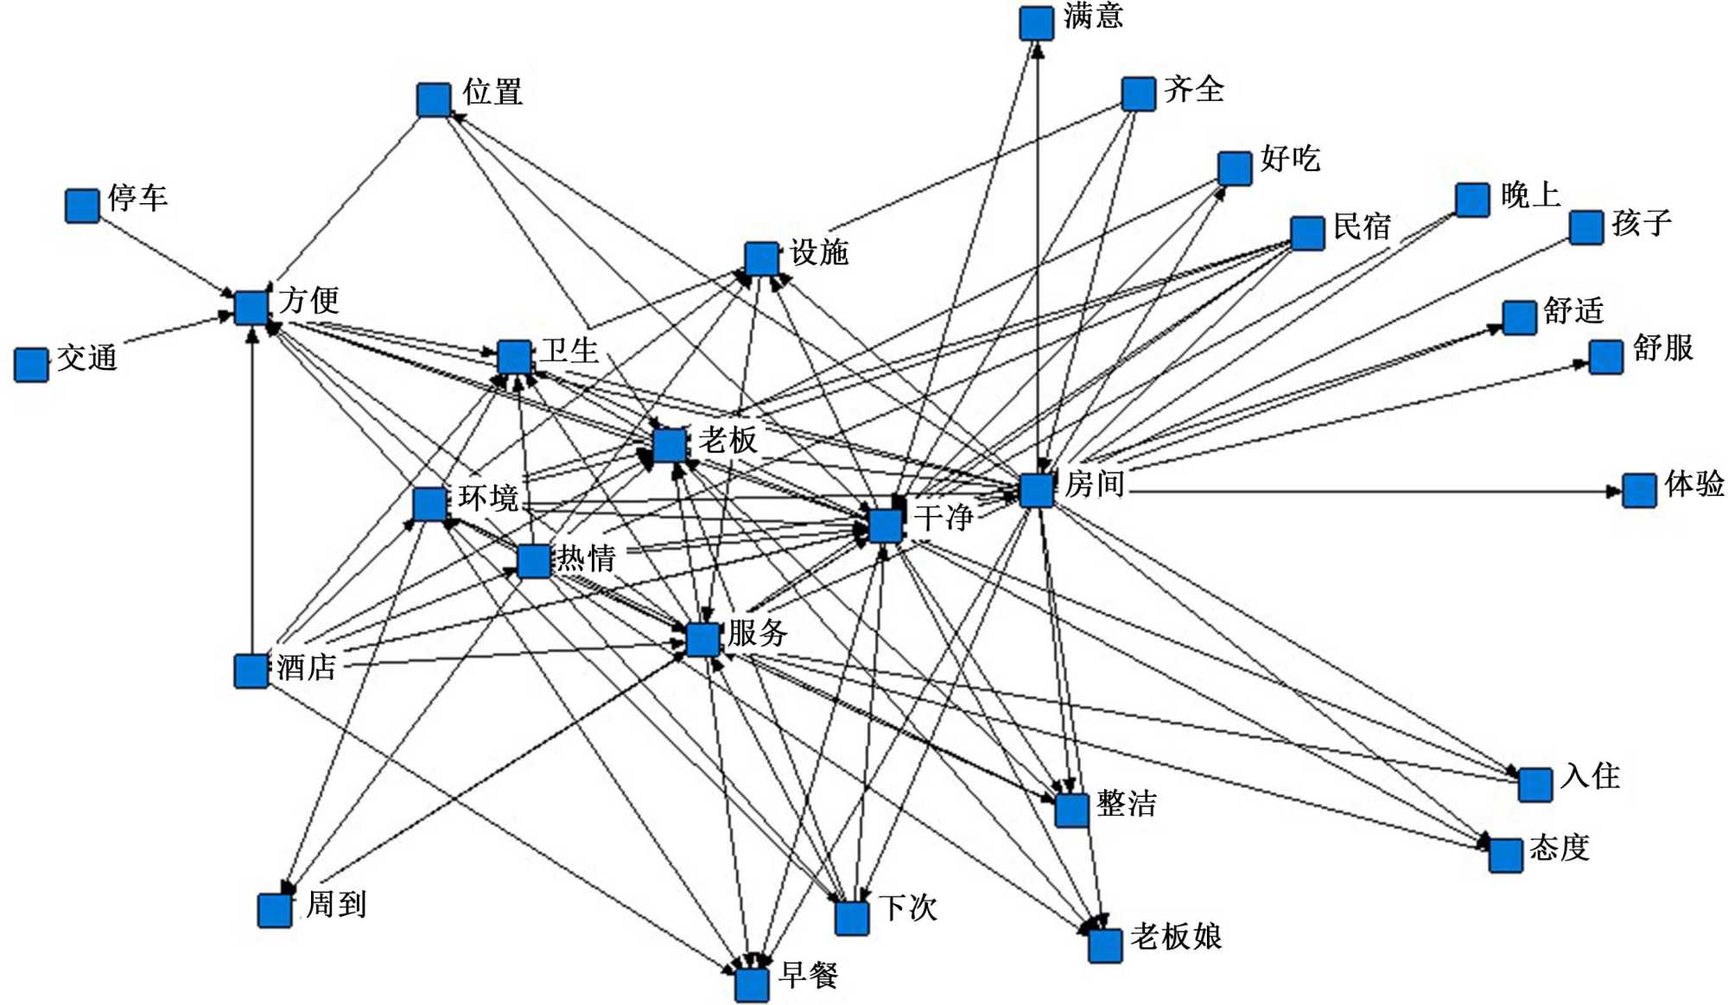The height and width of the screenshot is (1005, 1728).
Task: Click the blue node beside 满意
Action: click(1036, 23)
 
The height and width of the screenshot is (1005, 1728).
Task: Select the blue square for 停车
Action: click(82, 206)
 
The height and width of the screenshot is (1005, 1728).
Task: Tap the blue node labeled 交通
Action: click(31, 365)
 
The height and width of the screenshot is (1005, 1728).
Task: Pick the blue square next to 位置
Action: click(434, 99)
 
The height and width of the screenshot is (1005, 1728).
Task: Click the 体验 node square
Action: click(1639, 491)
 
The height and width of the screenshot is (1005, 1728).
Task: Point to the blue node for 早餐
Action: click(752, 984)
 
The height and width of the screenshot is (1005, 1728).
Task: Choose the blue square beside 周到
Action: click(275, 910)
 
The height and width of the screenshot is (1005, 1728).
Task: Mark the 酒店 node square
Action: click(251, 671)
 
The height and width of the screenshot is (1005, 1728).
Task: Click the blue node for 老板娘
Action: click(1105, 945)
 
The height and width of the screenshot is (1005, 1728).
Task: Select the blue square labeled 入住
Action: click(1535, 785)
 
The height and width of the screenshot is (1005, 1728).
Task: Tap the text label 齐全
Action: click(1194, 89)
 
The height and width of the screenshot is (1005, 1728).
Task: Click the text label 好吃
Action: click(1290, 158)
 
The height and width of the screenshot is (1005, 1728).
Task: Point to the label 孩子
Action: click(1642, 223)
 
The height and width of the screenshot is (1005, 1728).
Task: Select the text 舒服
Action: click(1663, 348)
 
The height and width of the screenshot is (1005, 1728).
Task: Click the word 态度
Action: click(1560, 848)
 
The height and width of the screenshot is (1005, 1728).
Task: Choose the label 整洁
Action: click(1127, 804)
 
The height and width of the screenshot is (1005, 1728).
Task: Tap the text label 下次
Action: click(908, 908)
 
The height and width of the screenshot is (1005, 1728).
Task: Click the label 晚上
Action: click(1530, 194)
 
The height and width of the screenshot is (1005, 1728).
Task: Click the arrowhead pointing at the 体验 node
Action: click(1614, 492)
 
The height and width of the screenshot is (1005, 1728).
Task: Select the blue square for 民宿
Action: click(1307, 233)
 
